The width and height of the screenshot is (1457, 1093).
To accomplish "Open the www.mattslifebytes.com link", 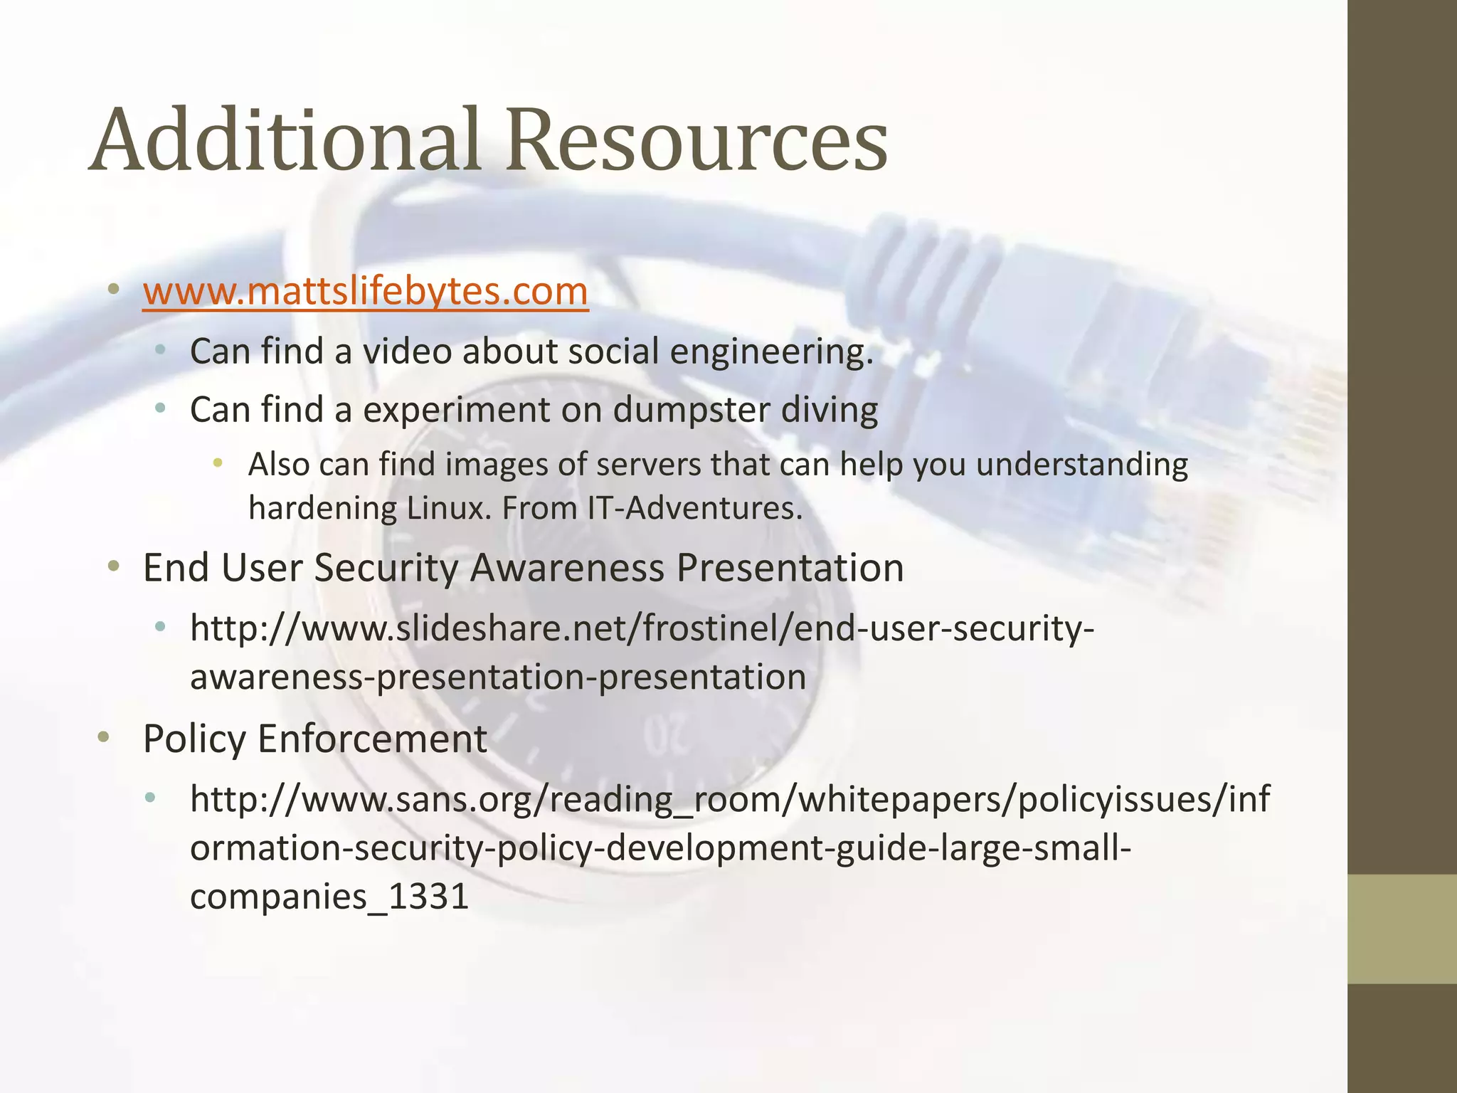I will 365,291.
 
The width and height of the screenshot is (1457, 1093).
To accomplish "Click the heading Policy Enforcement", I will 314,739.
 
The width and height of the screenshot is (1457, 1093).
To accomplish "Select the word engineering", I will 771,352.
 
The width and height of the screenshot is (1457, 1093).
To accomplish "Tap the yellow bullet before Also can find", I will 218,464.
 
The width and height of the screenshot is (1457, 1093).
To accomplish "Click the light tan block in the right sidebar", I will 1402,929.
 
